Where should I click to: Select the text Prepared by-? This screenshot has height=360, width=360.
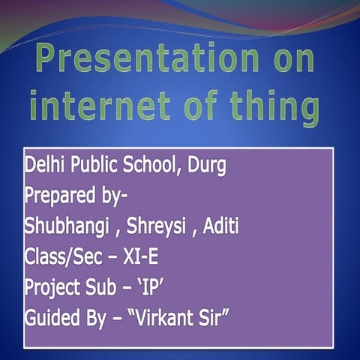[x=76, y=196]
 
